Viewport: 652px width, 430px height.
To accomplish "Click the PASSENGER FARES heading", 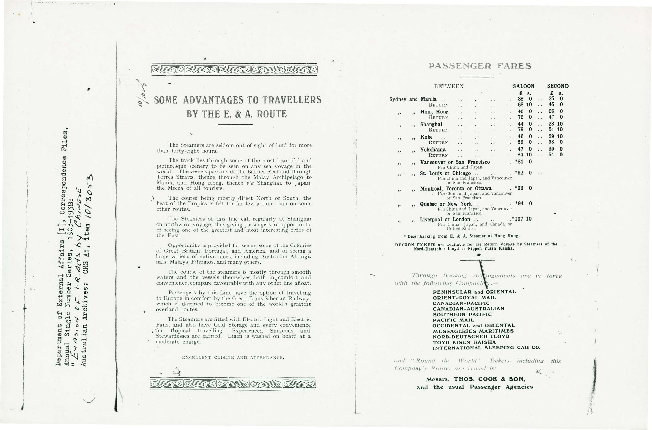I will coord(480,66).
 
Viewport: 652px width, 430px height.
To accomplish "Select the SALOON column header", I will coord(523,86).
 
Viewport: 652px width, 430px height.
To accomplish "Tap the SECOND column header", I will coord(558,86).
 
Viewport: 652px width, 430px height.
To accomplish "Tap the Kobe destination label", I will coord(426,137).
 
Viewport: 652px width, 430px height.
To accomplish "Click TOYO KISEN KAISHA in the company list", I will coord(464,342).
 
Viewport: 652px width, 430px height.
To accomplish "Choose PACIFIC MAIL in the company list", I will coord(453,320).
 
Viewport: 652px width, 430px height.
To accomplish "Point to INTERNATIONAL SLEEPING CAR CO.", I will coord(486,348).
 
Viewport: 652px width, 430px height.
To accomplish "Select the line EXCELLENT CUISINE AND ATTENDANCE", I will coord(233,358).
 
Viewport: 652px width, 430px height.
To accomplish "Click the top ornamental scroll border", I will coord(234,70).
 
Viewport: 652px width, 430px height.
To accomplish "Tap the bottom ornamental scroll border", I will coord(233,384).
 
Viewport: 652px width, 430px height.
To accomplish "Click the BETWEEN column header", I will coord(449,86).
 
